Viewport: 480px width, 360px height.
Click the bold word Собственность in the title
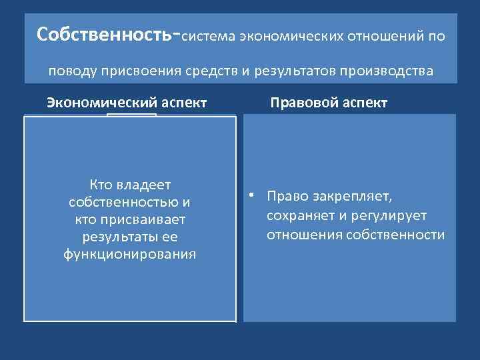point(104,34)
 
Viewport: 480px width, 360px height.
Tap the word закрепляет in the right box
point(361,197)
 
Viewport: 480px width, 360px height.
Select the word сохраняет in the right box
point(299,216)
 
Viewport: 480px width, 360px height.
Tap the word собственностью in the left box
point(125,202)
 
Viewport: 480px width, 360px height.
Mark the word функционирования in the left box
point(129,254)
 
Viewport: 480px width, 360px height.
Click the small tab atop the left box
point(131,115)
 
